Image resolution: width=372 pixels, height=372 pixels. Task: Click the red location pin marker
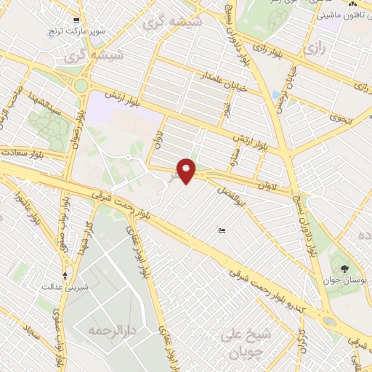(187, 170)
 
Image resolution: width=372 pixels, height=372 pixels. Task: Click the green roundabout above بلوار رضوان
(81, 86)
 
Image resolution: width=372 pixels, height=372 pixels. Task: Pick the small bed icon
(222, 231)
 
